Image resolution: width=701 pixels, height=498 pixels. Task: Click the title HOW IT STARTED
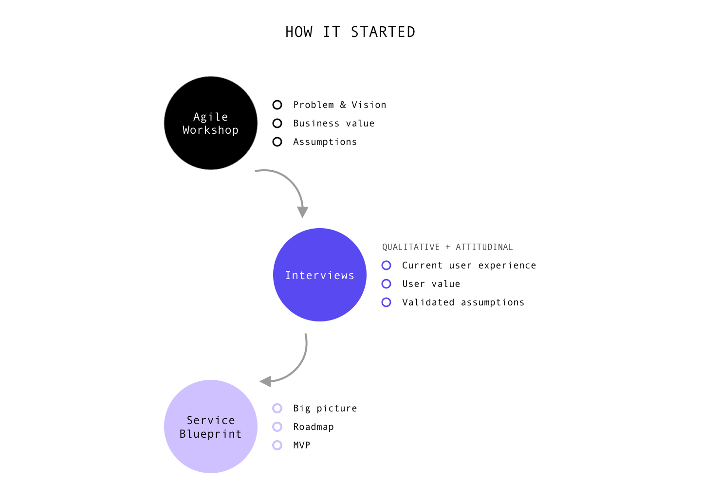[350, 32]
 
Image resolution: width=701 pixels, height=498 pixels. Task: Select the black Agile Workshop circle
[211, 123]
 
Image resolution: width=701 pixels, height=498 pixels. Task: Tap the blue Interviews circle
[319, 275]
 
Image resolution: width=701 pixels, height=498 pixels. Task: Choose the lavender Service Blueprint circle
[211, 427]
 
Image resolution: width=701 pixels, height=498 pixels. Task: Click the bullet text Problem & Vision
[340, 105]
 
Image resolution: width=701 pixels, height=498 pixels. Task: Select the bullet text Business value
[333, 124]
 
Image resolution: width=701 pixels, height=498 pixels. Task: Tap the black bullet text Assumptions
[325, 142]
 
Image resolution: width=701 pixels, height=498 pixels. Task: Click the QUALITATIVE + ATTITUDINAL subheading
[447, 247]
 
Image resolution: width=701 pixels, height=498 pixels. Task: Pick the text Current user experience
[469, 266]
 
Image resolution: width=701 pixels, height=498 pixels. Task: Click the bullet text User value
[431, 284]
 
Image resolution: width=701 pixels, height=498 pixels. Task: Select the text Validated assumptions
[463, 302]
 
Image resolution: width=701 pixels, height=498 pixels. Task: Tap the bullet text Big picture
[325, 409]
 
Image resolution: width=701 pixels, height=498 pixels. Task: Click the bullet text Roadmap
[314, 427]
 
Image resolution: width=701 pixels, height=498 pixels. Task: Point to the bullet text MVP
[302, 445]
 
